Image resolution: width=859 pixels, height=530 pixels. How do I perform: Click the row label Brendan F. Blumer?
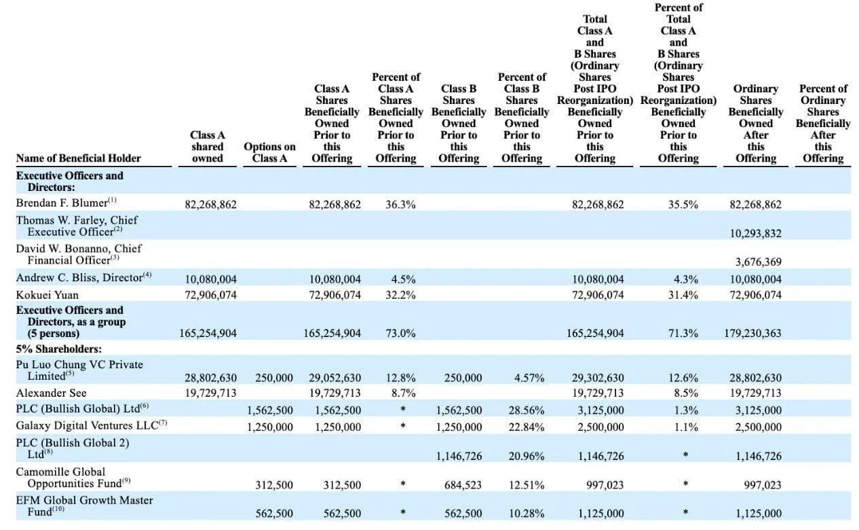(62, 202)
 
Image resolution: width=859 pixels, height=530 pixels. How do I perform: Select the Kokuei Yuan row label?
(47, 295)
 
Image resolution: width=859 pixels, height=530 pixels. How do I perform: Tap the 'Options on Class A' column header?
(269, 152)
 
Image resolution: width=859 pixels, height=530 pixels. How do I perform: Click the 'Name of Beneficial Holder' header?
(78, 158)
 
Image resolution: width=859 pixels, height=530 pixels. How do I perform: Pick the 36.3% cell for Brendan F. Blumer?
(400, 205)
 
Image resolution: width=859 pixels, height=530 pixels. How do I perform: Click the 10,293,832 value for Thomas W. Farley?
(755, 233)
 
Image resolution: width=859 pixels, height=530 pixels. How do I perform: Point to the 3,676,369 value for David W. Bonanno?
(758, 262)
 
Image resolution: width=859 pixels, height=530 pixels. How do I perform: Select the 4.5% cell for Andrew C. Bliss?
(403, 279)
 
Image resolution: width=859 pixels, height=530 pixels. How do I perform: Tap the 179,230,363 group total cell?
(752, 333)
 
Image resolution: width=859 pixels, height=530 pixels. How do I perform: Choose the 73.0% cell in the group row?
(400, 333)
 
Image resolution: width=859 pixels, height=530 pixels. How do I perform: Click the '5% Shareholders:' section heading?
(58, 349)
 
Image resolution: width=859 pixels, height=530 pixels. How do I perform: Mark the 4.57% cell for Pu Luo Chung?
(529, 378)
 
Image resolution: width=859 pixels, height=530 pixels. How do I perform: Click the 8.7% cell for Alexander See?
(403, 393)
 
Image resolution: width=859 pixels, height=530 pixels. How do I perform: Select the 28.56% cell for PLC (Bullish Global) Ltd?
(527, 410)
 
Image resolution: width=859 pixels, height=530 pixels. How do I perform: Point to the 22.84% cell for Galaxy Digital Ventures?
(527, 427)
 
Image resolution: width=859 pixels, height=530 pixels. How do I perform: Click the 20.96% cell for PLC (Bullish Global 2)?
(527, 456)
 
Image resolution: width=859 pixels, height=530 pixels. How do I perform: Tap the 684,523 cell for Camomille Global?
(463, 484)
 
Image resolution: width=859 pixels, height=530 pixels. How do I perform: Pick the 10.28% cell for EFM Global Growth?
(527, 513)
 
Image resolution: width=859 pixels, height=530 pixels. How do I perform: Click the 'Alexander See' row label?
(51, 393)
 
